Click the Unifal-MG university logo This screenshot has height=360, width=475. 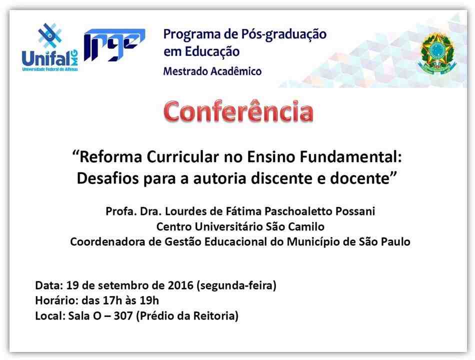click(50, 47)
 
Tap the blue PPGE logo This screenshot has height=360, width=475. click(114, 44)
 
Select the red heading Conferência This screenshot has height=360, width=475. click(238, 111)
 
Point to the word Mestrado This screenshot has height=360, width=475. click(185, 71)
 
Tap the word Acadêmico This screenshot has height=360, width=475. click(236, 71)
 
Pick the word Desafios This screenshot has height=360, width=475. click(108, 178)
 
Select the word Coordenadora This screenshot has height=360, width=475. click(107, 242)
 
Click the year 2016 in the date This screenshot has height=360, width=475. click(180, 285)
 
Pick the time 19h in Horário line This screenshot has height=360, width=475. click(149, 300)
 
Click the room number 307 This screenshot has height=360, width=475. click(123, 316)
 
